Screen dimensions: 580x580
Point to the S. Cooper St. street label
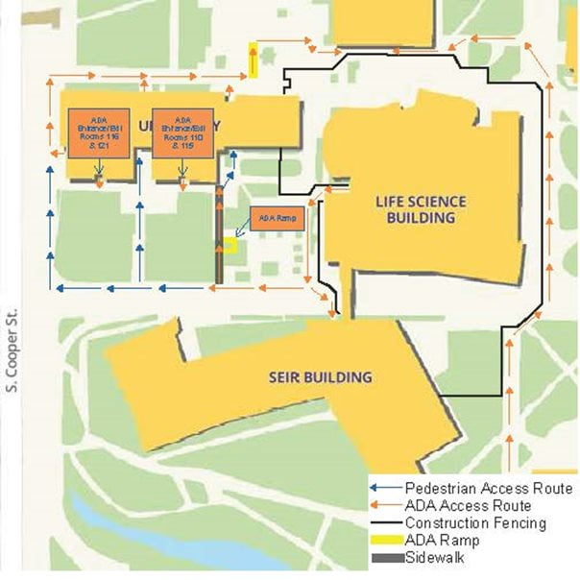coord(12,354)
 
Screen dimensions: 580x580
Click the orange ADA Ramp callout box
coord(276,219)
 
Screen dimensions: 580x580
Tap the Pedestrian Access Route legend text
coord(488,489)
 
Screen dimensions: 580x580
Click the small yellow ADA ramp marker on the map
coord(230,245)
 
